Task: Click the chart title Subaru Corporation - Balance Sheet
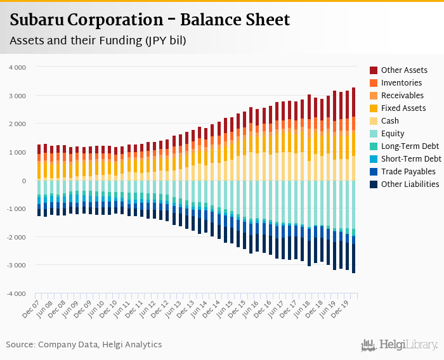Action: click(150, 20)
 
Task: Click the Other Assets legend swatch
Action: click(374, 70)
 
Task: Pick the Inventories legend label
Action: click(401, 83)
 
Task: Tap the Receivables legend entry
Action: click(402, 96)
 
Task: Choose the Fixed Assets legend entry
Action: click(403, 108)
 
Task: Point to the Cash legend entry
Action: click(391, 121)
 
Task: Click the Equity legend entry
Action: click(393, 134)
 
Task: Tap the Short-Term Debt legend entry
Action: click(409, 159)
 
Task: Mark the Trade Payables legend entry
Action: click(408, 172)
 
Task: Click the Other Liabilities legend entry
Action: click(410, 184)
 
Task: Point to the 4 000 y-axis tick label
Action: click(17, 67)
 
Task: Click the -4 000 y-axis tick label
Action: click(16, 294)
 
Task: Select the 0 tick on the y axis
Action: click(23, 181)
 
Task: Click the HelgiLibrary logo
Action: click(400, 345)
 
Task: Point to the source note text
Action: click(84, 345)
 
